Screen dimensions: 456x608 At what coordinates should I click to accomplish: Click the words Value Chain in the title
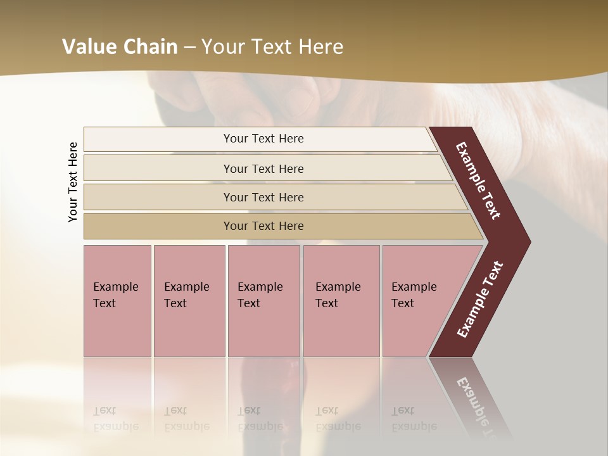tap(120, 47)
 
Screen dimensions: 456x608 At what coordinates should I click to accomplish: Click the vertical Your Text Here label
tap(73, 182)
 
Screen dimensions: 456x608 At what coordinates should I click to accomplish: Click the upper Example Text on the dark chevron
tap(478, 180)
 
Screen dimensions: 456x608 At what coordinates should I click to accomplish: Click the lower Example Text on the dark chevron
tap(480, 299)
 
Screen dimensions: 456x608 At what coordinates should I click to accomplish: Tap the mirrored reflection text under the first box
tap(115, 419)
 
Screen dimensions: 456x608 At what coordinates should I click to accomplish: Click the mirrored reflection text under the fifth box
tap(414, 419)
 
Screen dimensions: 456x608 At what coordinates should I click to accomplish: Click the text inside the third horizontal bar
tap(263, 198)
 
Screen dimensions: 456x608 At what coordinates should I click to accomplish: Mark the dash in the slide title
tap(189, 47)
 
